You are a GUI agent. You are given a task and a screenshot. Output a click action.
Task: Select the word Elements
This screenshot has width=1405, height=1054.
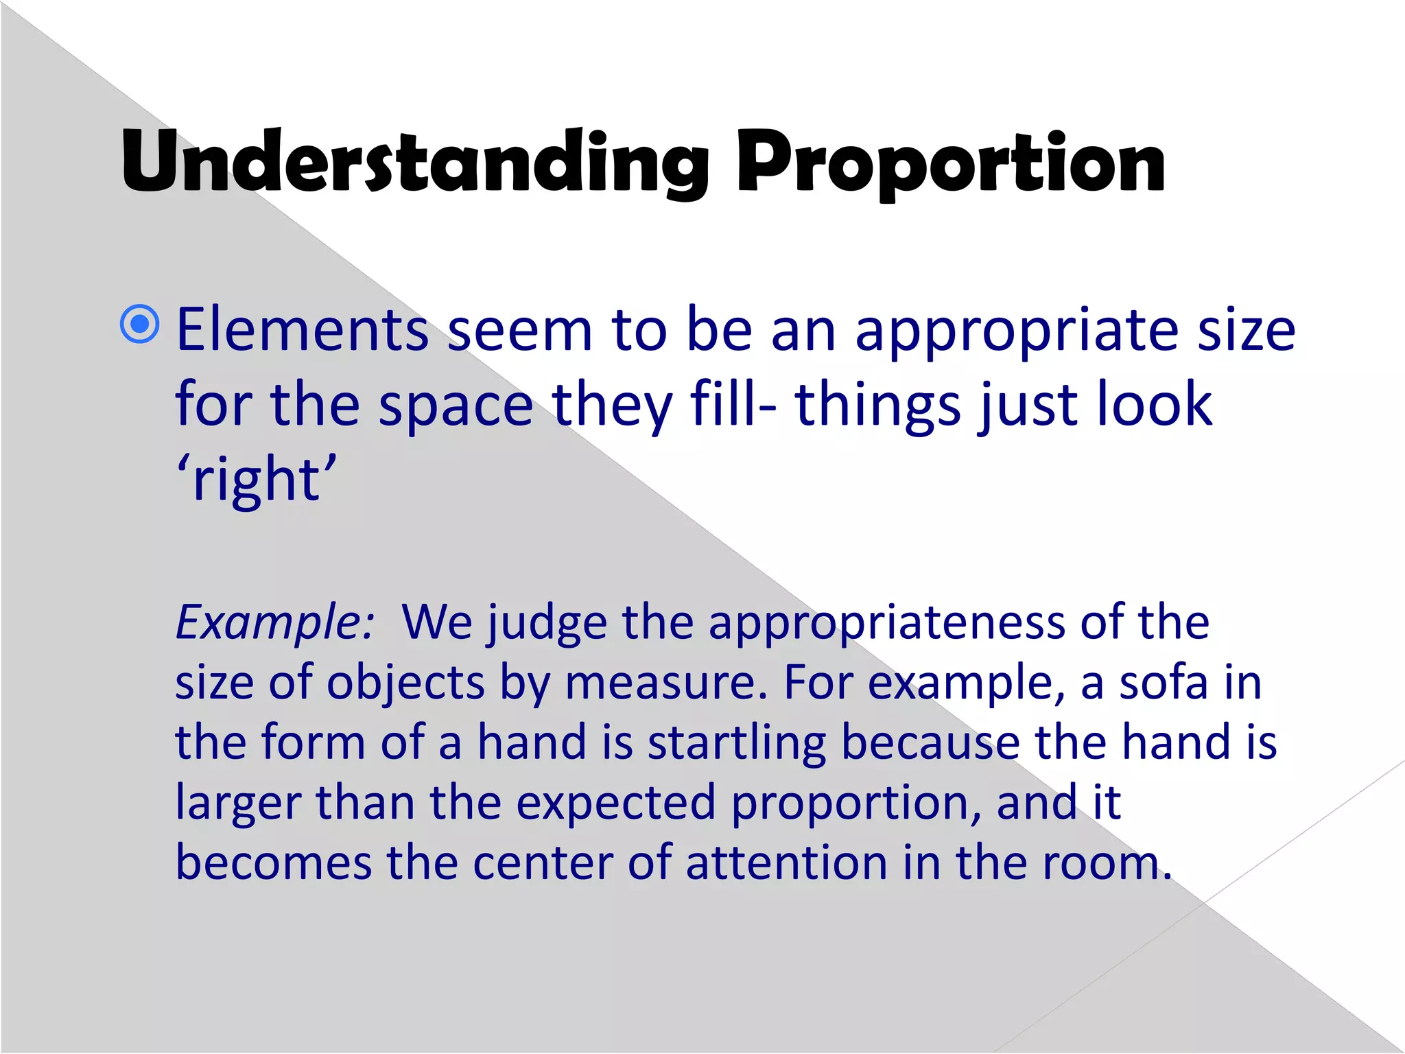pos(303,330)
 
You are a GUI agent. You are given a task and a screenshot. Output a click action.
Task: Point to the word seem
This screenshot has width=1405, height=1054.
pos(520,330)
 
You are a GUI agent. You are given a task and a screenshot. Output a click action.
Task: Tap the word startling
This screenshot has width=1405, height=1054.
pos(737,743)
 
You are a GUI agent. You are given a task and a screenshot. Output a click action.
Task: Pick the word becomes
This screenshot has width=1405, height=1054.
pos(273,863)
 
